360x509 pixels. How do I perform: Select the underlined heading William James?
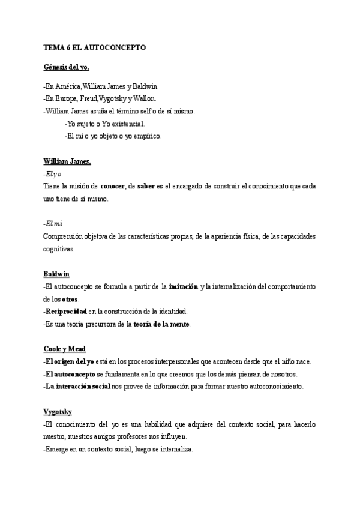[67, 161]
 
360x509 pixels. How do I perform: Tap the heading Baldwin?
[56, 274]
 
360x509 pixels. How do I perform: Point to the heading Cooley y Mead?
[65, 348]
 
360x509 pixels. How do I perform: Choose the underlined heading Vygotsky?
[58, 411]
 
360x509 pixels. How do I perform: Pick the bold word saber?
[146, 186]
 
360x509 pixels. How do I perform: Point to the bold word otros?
[70, 299]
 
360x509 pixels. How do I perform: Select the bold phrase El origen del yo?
[69, 361]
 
